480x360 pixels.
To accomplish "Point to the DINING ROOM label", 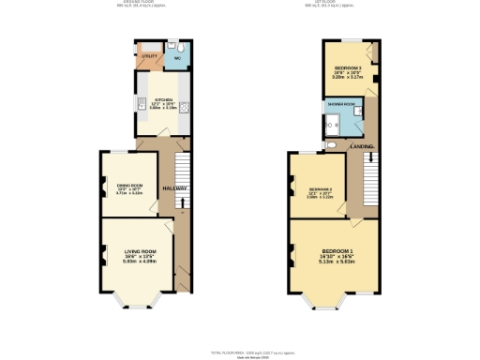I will coord(129,186).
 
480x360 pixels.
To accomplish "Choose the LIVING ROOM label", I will coord(141,251).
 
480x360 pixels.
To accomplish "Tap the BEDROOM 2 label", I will coord(321,189).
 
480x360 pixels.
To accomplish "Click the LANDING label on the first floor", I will coord(362,147).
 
